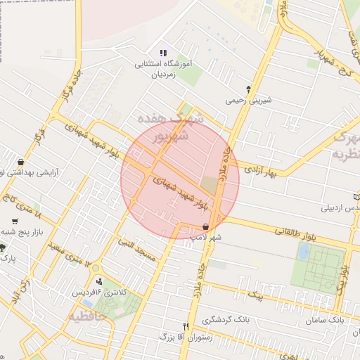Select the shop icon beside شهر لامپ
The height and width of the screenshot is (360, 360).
[x=205, y=226]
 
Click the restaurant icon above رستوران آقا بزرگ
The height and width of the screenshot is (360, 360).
[x=186, y=326]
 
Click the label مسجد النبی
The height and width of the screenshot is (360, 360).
[x=141, y=246]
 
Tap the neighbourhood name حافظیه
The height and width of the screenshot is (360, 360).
[x=91, y=316]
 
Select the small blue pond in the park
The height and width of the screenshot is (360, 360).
[x=303, y=252]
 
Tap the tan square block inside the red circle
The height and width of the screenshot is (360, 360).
[x=210, y=186]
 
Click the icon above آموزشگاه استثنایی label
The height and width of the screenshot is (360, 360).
[x=163, y=53]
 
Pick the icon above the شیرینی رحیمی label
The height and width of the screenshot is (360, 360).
[x=247, y=89]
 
